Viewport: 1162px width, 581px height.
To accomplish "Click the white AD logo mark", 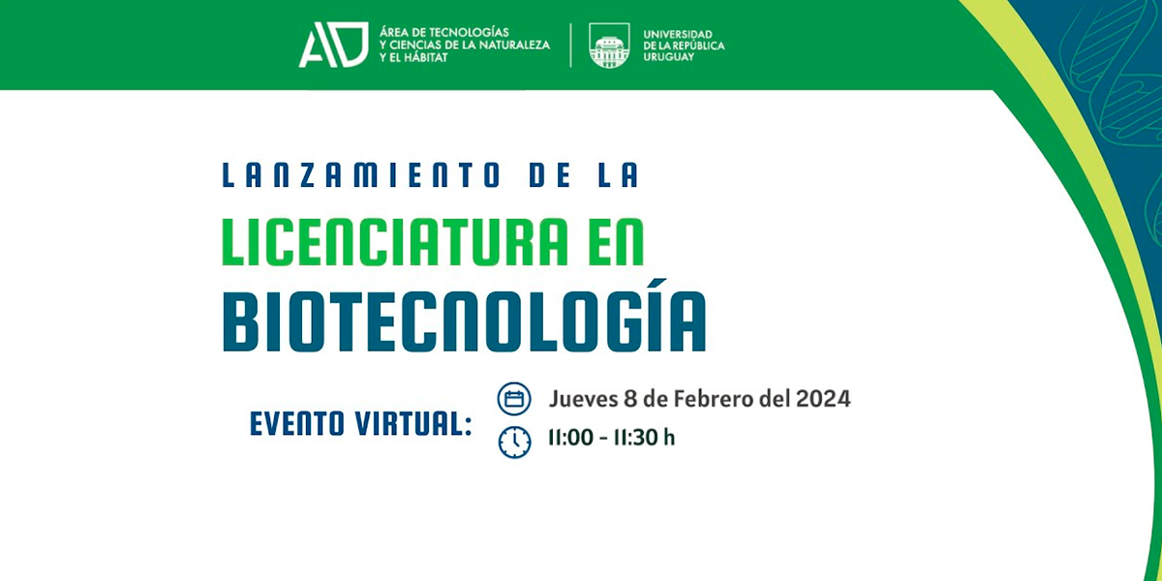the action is point(333,45).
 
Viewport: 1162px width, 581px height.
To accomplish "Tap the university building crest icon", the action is point(609,46).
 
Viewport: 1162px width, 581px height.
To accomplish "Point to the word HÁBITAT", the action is point(426,57).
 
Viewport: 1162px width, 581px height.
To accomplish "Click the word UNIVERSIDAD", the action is point(678,34).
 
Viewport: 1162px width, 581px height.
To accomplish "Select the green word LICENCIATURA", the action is point(395,242).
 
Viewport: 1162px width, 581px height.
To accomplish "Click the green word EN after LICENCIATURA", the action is point(614,242).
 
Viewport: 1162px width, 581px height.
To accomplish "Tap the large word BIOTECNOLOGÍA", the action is point(464,318).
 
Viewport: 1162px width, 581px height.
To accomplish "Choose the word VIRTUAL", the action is point(414,423).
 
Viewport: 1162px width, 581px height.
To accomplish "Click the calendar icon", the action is point(514,399).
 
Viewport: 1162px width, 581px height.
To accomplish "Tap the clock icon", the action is point(514,443).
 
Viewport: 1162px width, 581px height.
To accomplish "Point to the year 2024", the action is point(823,399).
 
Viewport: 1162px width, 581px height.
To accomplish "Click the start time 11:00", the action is point(570,438).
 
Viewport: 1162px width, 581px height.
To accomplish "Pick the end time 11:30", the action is point(636,438).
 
